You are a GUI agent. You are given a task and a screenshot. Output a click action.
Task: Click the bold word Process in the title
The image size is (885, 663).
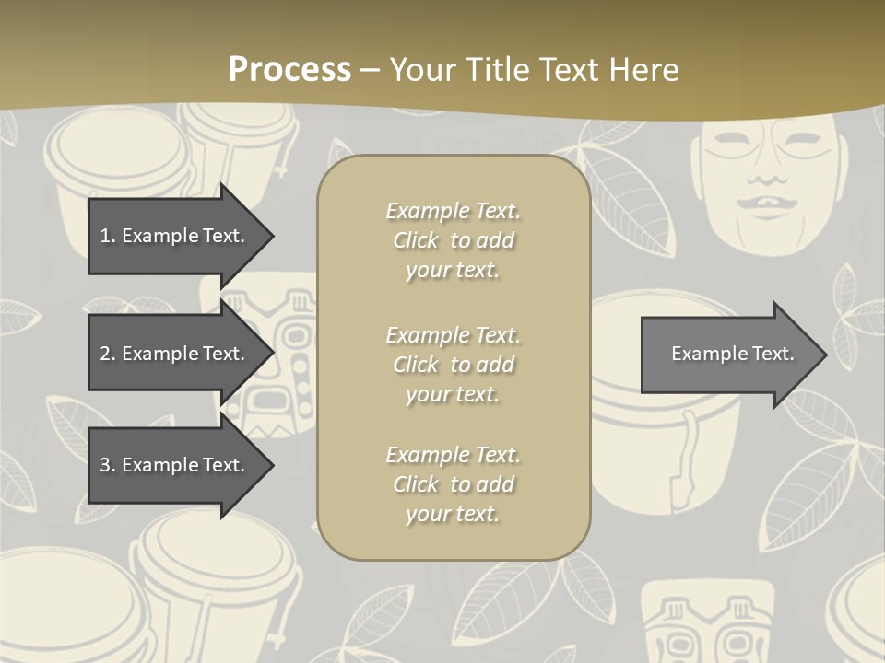(x=289, y=69)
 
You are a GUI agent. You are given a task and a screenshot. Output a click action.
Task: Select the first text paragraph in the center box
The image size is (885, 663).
(x=453, y=240)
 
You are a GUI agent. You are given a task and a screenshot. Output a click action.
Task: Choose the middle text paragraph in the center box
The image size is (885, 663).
(x=453, y=365)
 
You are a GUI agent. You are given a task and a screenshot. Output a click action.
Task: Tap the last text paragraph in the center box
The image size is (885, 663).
(x=453, y=484)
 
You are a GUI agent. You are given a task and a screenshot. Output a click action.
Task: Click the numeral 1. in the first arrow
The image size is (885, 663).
(x=108, y=236)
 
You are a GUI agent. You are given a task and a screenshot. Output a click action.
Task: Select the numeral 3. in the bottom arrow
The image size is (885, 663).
(x=108, y=465)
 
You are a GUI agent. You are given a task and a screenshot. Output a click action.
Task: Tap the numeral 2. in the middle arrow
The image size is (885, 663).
(x=108, y=354)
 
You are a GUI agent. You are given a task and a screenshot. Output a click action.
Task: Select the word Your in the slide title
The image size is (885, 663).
(x=422, y=69)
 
